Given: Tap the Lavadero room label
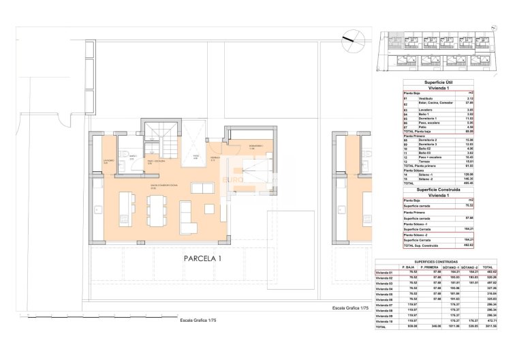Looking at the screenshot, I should [x=107, y=161].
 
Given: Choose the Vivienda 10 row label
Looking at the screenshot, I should [x=385, y=321].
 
